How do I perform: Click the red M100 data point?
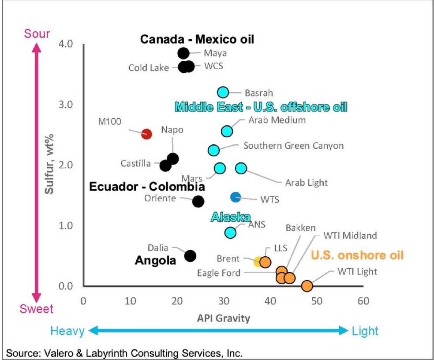click(x=146, y=134)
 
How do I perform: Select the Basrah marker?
click(x=223, y=92)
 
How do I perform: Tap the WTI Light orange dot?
click(x=307, y=286)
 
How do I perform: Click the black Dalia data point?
click(x=190, y=256)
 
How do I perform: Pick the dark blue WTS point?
click(x=236, y=197)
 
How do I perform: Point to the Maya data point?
click(x=183, y=53)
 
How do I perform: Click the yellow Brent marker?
click(x=258, y=262)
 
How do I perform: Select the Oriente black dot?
click(x=198, y=201)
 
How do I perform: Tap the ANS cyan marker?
click(x=230, y=232)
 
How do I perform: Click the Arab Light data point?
click(x=241, y=168)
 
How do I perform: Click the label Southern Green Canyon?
click(x=293, y=146)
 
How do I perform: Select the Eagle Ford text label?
click(x=219, y=273)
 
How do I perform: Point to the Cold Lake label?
click(x=149, y=68)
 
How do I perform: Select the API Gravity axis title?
click(x=223, y=318)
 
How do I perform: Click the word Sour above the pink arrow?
click(x=37, y=34)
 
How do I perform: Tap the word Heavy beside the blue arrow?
click(x=67, y=331)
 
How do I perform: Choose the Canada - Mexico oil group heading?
click(x=197, y=39)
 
